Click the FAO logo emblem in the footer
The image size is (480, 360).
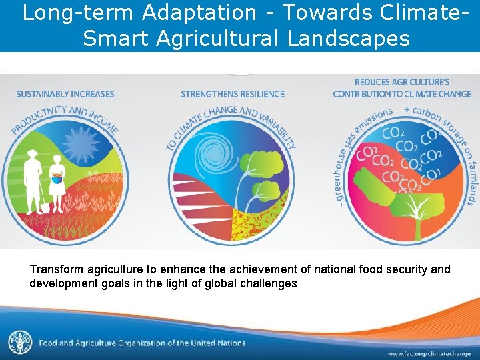20,343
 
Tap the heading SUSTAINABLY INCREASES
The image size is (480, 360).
65,94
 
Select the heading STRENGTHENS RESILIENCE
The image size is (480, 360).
233,94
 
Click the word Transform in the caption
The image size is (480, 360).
55,269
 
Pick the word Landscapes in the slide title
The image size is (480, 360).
349,39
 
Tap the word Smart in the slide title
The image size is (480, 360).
116,39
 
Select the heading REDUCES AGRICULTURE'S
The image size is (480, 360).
402,81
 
